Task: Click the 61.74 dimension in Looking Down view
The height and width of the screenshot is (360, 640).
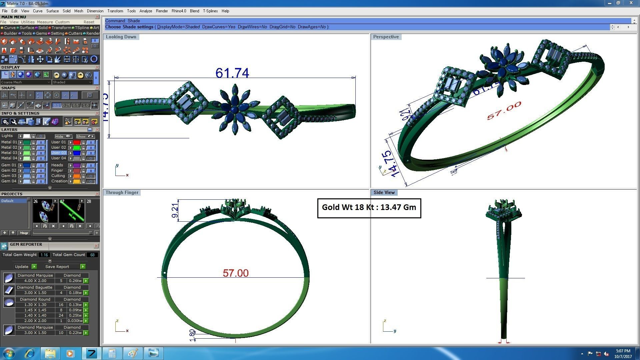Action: coord(232,73)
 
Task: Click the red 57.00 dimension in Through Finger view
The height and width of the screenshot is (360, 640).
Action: coord(235,273)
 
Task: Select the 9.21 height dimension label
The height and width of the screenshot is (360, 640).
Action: coord(175,210)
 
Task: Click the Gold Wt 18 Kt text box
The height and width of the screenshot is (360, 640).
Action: coord(369,208)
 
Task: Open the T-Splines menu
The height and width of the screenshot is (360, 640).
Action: coord(210,11)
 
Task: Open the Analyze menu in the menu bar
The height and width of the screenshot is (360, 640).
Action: coord(145,11)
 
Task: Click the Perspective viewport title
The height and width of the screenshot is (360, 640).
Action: coord(386,37)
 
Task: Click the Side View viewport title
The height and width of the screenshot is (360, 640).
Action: coord(384,192)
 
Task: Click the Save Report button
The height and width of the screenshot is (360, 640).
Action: coord(57,267)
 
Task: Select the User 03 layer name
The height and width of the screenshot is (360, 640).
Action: coord(58,153)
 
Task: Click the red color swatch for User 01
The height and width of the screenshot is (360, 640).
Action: coord(76,142)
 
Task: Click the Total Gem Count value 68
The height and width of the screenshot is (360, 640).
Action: coord(92,255)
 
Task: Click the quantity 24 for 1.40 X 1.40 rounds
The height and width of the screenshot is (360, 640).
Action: coord(61,315)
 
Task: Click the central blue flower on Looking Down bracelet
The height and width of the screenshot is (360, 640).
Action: coord(235,109)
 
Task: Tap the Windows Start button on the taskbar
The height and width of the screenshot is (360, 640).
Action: coord(9,353)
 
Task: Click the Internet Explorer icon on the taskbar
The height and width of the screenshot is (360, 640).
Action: coord(30,353)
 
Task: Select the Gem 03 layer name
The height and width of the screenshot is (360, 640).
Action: coord(9,176)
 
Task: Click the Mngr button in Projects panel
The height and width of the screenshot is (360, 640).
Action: coord(24,233)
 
